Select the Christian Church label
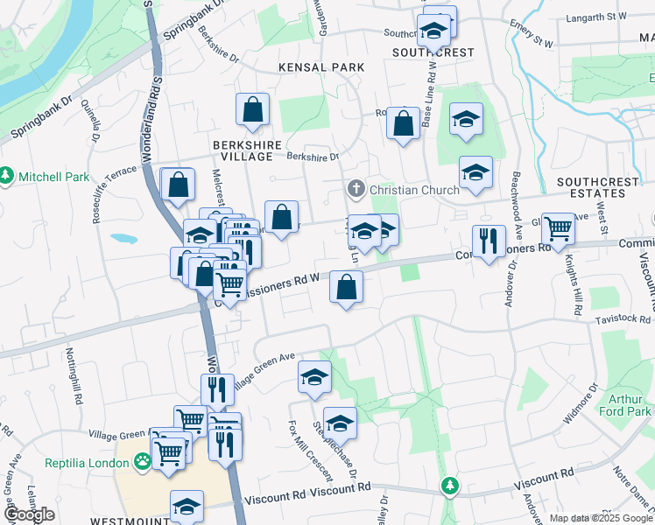pos(414,189)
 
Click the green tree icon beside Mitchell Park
pos(6,176)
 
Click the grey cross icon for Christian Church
pos(356,188)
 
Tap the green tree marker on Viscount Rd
pos(450,485)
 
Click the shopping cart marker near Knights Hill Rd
pos(558,230)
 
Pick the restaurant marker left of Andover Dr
pos(488,241)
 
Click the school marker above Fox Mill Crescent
pos(314,377)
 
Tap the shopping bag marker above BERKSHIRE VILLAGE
pos(252,110)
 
